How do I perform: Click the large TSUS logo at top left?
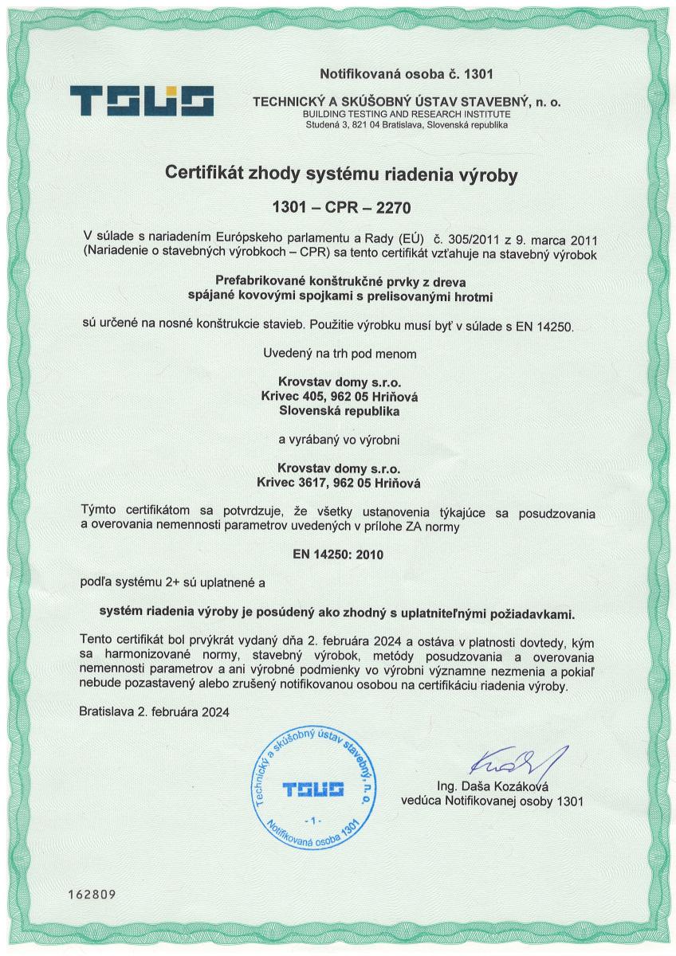click(x=142, y=101)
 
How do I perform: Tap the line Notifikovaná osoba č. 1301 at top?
click(x=407, y=75)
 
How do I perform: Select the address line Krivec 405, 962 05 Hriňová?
click(x=338, y=397)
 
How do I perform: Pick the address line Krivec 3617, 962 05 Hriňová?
click(x=338, y=482)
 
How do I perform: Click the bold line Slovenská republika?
click(x=338, y=411)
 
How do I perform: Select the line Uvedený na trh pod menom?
click(x=338, y=353)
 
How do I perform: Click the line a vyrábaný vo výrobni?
click(x=338, y=439)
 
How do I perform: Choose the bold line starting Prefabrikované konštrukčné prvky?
click(x=338, y=280)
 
